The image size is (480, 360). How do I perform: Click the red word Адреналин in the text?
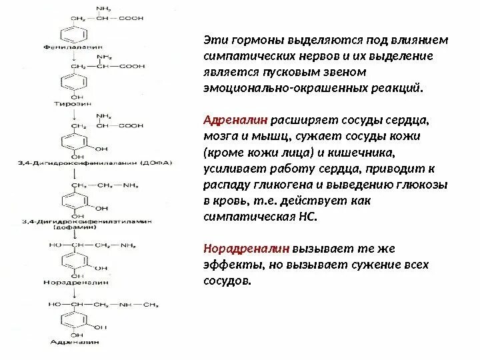236,122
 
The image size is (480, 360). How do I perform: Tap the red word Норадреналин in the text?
245,249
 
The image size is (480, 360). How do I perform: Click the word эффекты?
228,265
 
